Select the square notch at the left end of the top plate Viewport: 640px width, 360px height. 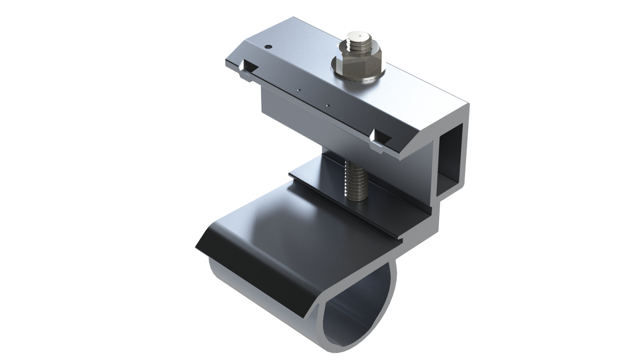point(250,66)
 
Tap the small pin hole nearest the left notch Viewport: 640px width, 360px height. point(298,90)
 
